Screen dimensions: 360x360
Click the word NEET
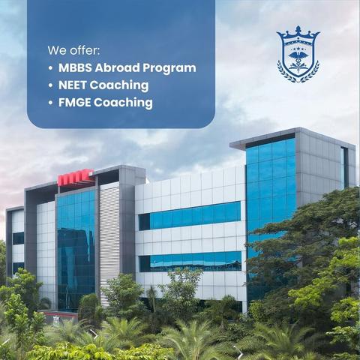pyautogui.click(x=73, y=85)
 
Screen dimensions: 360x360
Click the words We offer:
pyautogui.click(x=73, y=50)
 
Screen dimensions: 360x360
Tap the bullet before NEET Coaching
pyautogui.click(x=51, y=85)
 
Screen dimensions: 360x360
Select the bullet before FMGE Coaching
pyautogui.click(x=51, y=103)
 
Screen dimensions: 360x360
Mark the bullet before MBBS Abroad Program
pyautogui.click(x=51, y=68)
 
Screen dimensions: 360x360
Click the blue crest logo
pyautogui.click(x=298, y=54)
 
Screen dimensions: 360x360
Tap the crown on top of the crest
pyautogui.click(x=298, y=33)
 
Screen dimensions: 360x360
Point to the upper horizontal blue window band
pyautogui.click(x=190, y=216)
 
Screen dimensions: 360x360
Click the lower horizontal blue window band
pyautogui.click(x=190, y=262)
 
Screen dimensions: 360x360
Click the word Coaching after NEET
pyautogui.click(x=119, y=86)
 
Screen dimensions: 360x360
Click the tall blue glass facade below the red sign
pyautogui.click(x=76, y=250)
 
